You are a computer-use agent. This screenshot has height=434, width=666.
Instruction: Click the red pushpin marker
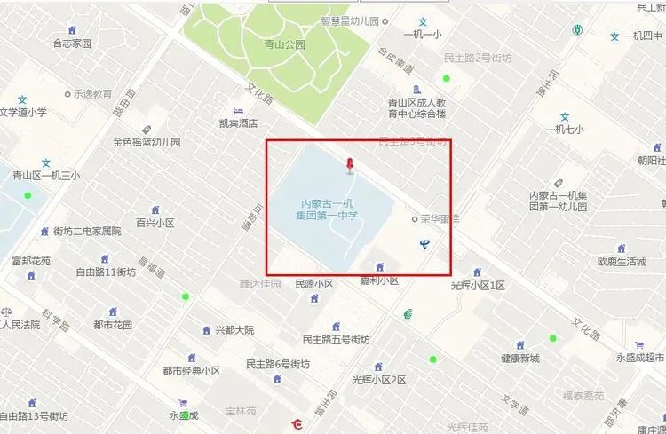point(351,165)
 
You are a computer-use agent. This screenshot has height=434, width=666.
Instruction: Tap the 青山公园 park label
point(284,43)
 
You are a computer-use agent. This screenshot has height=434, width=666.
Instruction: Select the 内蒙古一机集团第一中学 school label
point(328,209)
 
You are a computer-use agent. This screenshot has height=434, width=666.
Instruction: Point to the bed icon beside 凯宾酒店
point(237,110)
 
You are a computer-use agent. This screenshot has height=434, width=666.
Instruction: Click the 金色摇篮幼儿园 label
point(147,142)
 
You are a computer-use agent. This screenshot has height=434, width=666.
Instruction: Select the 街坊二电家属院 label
point(86,232)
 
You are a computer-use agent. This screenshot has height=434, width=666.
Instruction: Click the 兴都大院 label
point(234,330)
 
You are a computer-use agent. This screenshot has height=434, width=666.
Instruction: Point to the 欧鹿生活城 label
point(622,262)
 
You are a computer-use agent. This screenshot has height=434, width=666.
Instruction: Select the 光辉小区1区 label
point(478,285)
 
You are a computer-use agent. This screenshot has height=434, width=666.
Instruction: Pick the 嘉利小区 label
point(379,280)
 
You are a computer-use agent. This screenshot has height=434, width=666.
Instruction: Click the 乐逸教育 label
point(92,93)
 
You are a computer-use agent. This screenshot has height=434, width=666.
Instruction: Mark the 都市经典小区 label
point(191,371)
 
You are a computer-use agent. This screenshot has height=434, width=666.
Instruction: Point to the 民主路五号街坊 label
point(336,340)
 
